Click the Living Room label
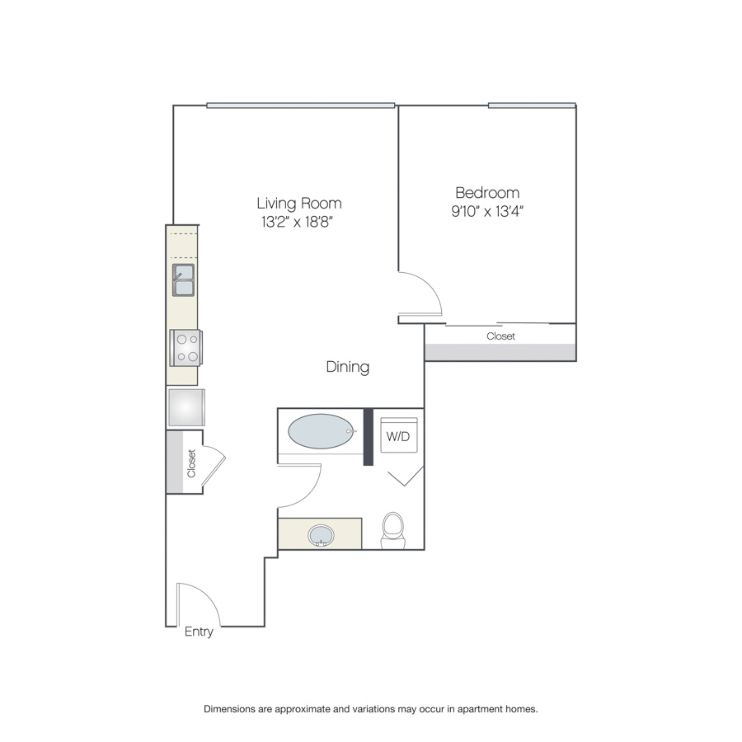[x=299, y=203]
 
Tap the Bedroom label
[x=487, y=193]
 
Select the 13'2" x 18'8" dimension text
[x=298, y=222]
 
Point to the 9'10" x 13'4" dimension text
[x=487, y=211]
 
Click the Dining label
[x=348, y=367]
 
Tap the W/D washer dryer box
[x=399, y=434]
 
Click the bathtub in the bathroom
[x=322, y=431]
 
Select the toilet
[x=393, y=530]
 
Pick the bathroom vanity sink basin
[x=321, y=536]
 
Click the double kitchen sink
[x=183, y=280]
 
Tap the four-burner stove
[x=186, y=347]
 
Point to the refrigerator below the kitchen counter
[x=186, y=407]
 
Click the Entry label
[x=199, y=632]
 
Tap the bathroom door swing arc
[x=310, y=495]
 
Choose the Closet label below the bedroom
[x=500, y=336]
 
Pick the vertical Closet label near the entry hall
[x=191, y=463]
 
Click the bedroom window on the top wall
[x=532, y=105]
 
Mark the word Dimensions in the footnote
[x=229, y=709]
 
